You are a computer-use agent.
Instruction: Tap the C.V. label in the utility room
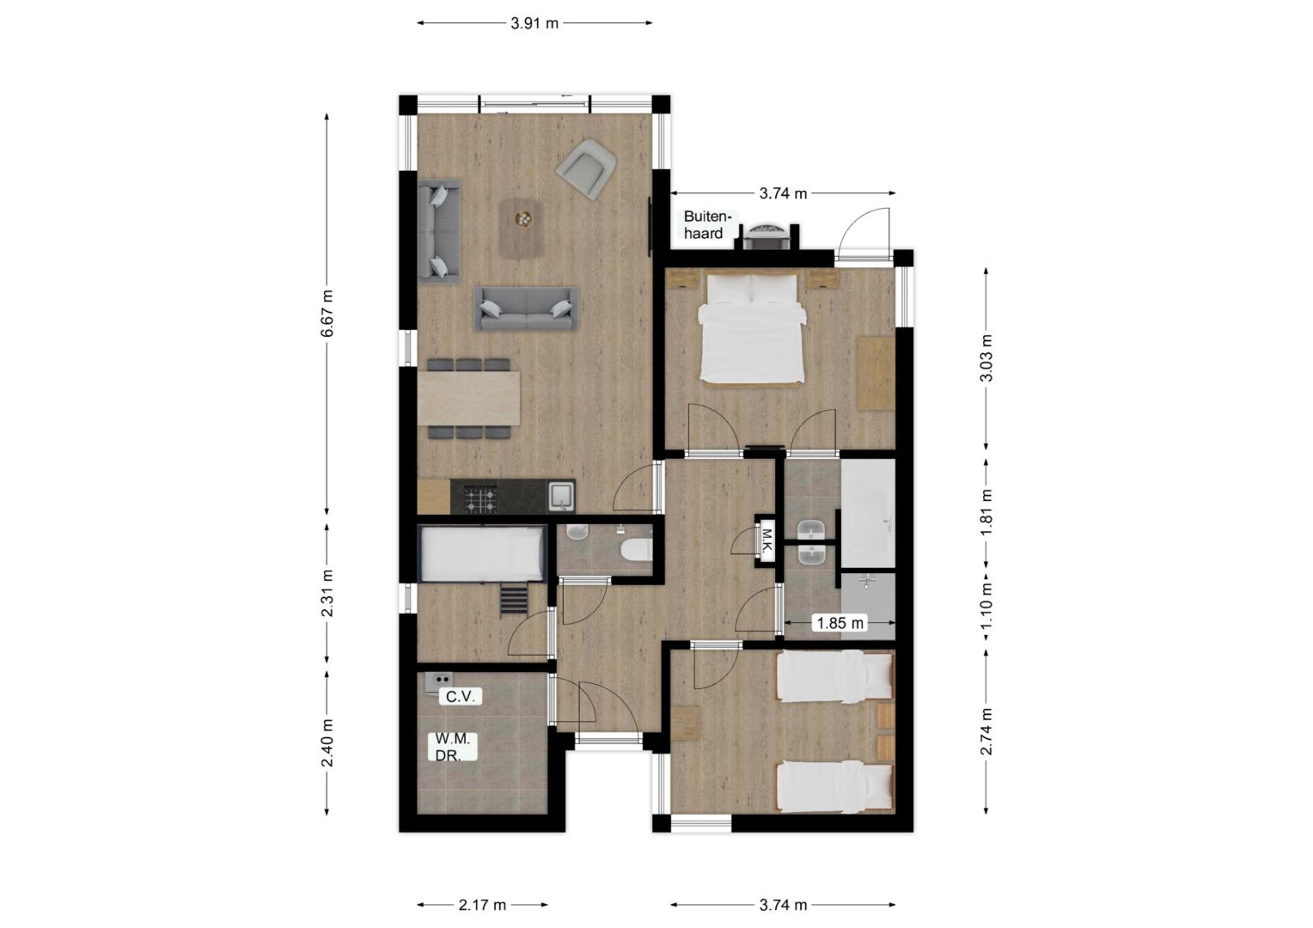460,697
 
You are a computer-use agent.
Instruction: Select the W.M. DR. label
452,747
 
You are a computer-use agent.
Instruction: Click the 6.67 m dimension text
327,313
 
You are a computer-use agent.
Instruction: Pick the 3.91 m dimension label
534,23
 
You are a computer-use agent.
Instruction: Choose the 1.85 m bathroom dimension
840,623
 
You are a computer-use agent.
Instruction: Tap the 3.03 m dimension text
986,357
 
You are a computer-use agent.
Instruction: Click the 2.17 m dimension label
482,905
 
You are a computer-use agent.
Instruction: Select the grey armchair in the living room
585,168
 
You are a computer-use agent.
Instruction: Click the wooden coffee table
521,229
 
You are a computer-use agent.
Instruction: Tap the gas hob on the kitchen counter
480,501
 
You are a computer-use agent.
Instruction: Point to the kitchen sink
561,497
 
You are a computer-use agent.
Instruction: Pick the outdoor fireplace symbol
766,236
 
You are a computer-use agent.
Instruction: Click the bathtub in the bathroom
868,514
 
